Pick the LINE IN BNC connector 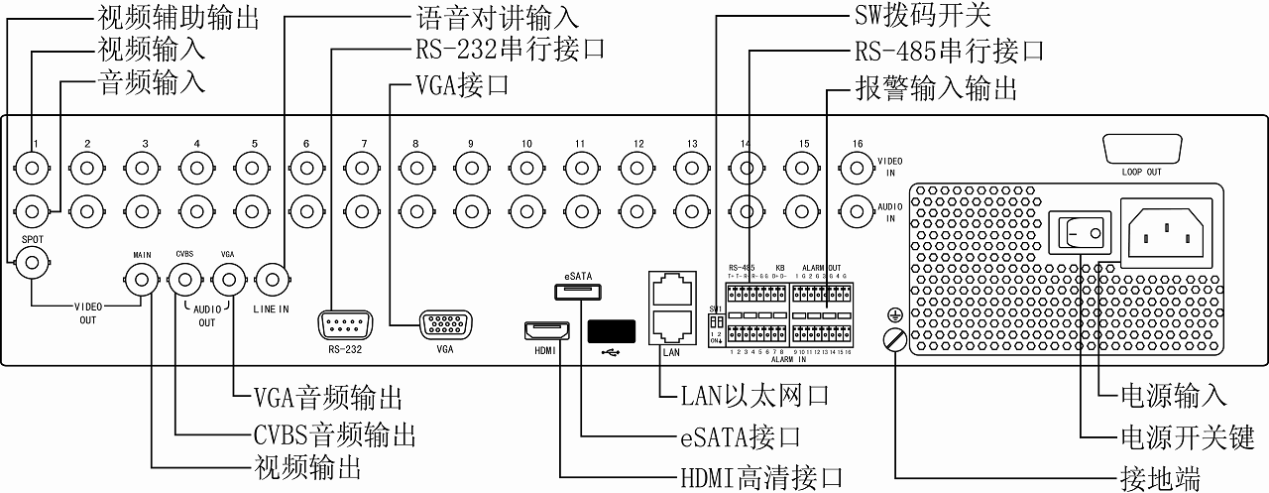tap(270, 279)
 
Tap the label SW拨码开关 tap(921, 17)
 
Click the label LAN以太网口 tap(754, 396)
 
